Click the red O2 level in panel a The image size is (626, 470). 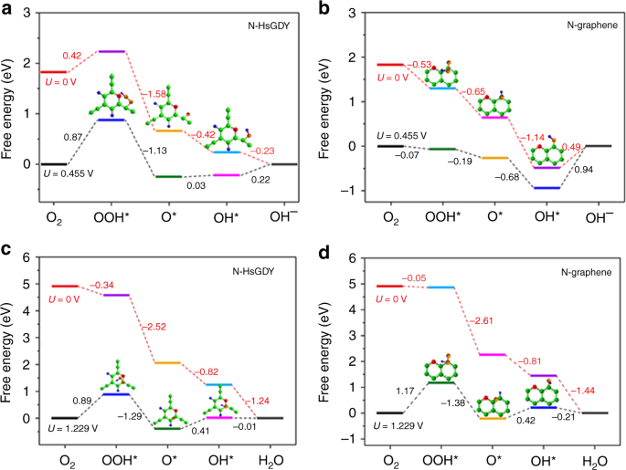[x=54, y=71]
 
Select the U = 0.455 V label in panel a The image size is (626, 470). [x=70, y=172]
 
